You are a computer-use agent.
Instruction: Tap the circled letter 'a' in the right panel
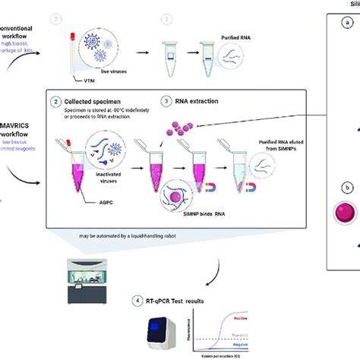coord(347,24)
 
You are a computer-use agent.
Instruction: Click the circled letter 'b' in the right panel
coord(347,186)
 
